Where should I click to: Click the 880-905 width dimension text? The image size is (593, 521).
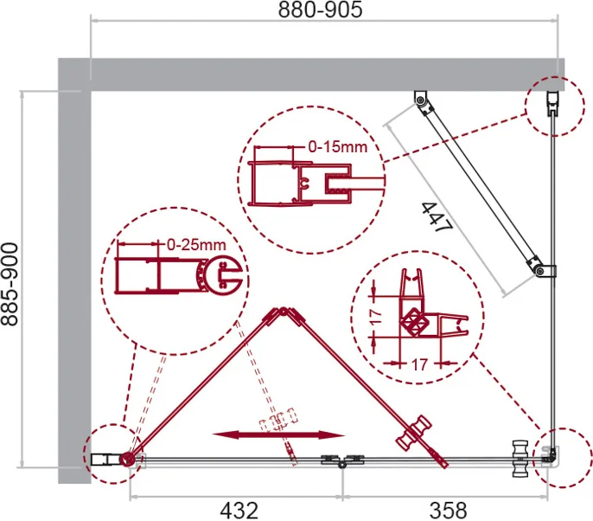pyautogui.click(x=320, y=10)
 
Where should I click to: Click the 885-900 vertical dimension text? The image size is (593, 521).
pyautogui.click(x=10, y=285)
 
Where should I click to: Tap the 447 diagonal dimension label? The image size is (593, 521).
pyautogui.click(x=437, y=217)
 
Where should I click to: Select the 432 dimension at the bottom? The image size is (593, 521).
pyautogui.click(x=239, y=511)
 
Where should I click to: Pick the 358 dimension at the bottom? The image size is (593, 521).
pyautogui.click(x=448, y=511)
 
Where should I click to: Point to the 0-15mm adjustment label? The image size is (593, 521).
pyautogui.click(x=338, y=146)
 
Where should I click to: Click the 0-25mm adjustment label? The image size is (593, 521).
pyautogui.click(x=196, y=245)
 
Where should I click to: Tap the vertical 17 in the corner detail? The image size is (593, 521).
pyautogui.click(x=375, y=317)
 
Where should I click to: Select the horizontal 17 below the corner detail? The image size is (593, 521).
pyautogui.click(x=418, y=364)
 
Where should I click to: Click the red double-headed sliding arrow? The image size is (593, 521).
pyautogui.click(x=278, y=434)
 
